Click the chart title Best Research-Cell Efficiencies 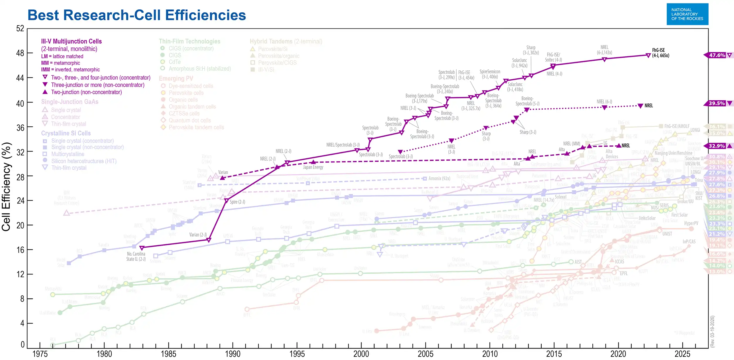tap(137, 15)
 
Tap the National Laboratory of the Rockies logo tap(687, 14)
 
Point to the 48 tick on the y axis tap(20, 53)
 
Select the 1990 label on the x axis tap(233, 354)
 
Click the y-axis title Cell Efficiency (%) tap(6, 187)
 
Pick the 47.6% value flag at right tap(717, 55)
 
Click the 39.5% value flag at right tap(717, 103)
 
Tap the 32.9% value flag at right tap(717, 146)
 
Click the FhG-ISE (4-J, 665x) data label tap(660, 53)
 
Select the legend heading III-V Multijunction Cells tap(71, 41)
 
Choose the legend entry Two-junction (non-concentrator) tap(86, 92)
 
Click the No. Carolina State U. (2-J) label tap(136, 256)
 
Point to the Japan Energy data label tap(313, 167)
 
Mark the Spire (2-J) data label tap(237, 202)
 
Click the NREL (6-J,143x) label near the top tap(604, 50)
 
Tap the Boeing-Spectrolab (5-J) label tap(527, 101)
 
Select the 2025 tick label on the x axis tap(682, 354)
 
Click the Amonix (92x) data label tap(439, 178)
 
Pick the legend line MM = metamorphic tap(60, 63)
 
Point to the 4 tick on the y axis tap(22, 323)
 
